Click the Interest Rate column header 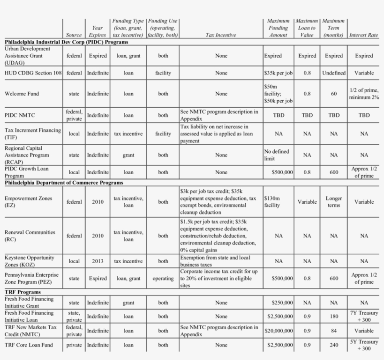363,35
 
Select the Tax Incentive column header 221,35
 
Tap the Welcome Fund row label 22,94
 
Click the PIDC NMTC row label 20,115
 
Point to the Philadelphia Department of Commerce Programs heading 64,183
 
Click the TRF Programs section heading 22,292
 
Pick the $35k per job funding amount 279,73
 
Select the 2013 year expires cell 97,261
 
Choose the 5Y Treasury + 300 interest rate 364,345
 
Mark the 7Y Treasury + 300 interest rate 364,316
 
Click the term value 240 333,345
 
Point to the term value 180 333,316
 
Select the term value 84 333,331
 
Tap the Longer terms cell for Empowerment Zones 333,202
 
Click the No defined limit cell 277,155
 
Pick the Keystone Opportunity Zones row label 29,261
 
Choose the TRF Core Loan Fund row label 29,345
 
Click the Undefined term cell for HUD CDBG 333,73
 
